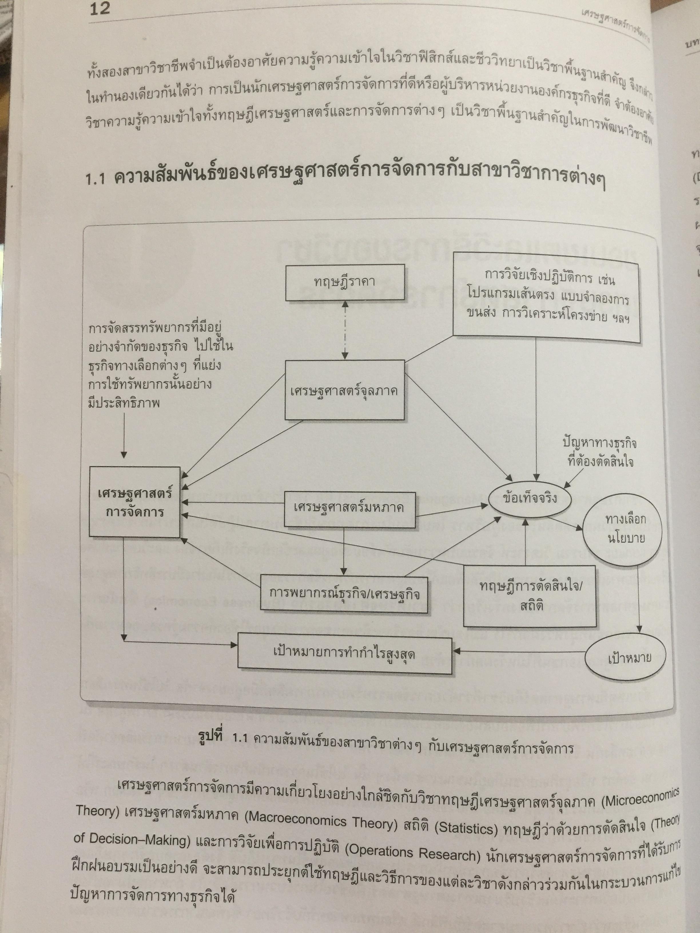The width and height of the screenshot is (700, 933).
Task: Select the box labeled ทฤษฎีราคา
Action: tap(345, 282)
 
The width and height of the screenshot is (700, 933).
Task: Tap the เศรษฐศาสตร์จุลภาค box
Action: tap(344, 390)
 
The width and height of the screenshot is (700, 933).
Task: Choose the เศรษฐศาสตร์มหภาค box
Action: tap(349, 508)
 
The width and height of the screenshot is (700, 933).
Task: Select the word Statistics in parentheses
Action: tap(467, 828)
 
